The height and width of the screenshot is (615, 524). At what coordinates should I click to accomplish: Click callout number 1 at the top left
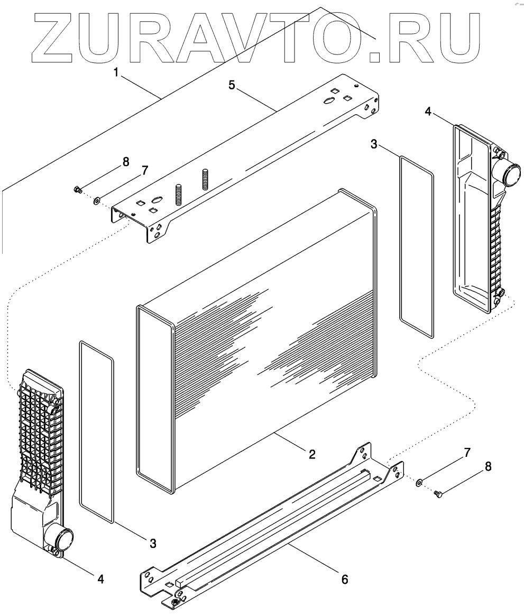pyautogui.click(x=116, y=72)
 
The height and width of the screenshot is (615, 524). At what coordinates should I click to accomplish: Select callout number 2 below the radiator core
pyautogui.click(x=312, y=454)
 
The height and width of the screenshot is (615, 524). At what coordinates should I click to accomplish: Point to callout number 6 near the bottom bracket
pyautogui.click(x=344, y=579)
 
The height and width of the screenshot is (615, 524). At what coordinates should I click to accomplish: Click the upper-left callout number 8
pyautogui.click(x=125, y=162)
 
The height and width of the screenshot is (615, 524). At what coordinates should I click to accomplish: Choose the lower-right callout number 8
pyautogui.click(x=488, y=466)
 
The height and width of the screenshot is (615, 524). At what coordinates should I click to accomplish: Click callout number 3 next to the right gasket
pyautogui.click(x=374, y=144)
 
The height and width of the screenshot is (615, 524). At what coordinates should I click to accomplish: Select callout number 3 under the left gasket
pyautogui.click(x=153, y=543)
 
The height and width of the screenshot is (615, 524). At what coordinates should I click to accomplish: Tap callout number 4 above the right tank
pyautogui.click(x=428, y=111)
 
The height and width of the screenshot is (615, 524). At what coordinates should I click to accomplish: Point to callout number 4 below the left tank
pyautogui.click(x=100, y=579)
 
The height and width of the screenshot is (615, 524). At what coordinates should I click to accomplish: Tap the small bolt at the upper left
pyautogui.click(x=77, y=188)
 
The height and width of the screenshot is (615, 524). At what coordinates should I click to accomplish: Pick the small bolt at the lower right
pyautogui.click(x=437, y=493)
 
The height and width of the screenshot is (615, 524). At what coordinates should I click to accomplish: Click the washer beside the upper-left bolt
pyautogui.click(x=97, y=200)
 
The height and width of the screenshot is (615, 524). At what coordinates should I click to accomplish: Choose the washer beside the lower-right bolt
pyautogui.click(x=418, y=481)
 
